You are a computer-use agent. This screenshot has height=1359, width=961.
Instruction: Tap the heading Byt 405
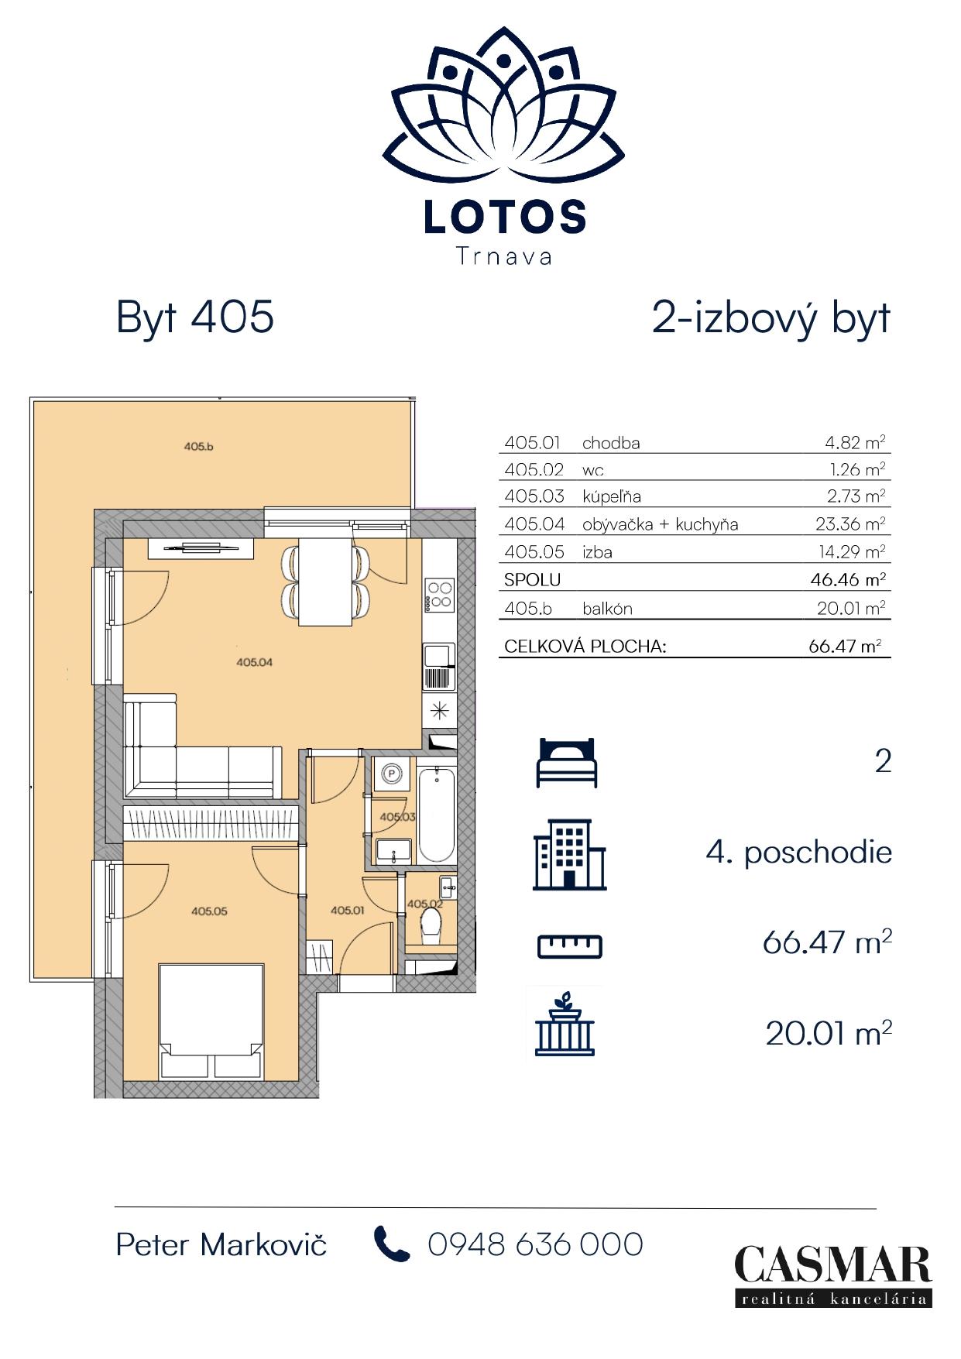[x=195, y=317]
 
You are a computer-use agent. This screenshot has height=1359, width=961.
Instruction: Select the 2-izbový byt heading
[x=771, y=318]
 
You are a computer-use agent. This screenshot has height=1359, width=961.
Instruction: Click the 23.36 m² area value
[x=850, y=524]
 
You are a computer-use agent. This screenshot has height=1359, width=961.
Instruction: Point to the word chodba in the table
[x=611, y=443]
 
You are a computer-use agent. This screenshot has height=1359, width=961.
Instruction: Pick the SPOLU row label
[x=532, y=580]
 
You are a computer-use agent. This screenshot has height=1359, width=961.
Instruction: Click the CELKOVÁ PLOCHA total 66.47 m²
[x=845, y=646]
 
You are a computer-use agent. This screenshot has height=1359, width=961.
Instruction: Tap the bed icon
[x=568, y=763]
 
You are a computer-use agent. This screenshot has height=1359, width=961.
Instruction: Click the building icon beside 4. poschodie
[x=570, y=855]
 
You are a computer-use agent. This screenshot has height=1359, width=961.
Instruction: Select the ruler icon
[x=570, y=946]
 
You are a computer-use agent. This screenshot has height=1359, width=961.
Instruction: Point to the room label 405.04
[x=255, y=662]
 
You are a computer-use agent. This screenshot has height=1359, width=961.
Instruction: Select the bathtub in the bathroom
[x=436, y=815]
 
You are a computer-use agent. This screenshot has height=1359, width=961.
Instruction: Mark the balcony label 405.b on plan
[x=198, y=446]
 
